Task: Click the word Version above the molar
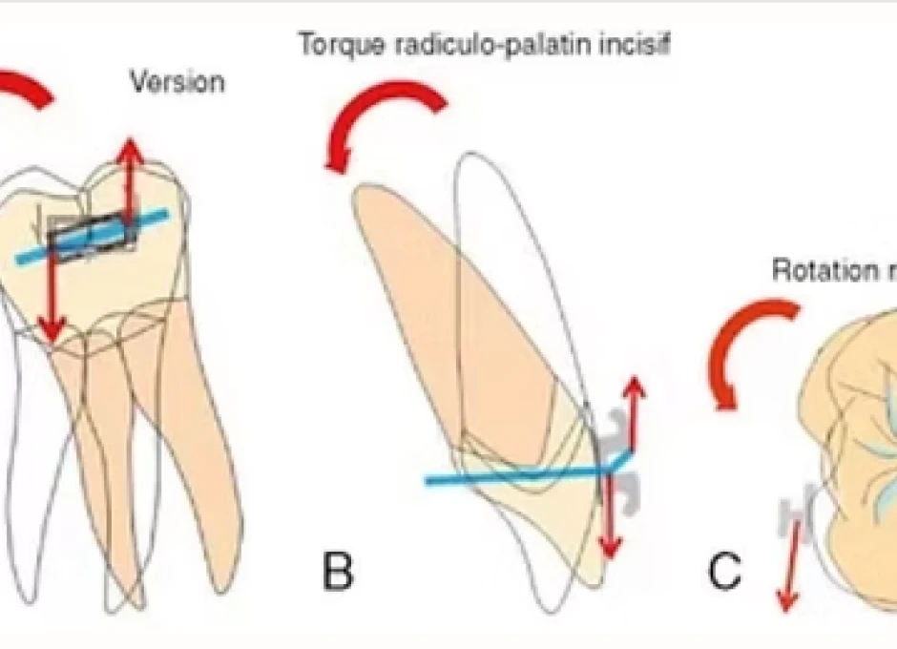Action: click(177, 81)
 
